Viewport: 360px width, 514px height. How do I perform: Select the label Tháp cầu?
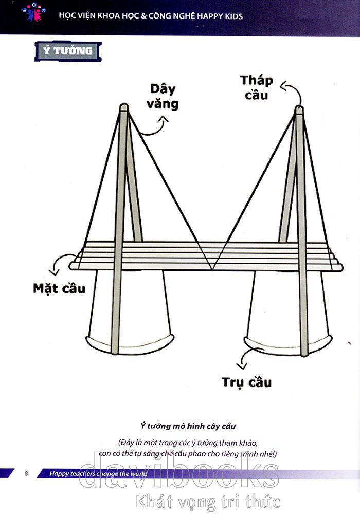[257, 87]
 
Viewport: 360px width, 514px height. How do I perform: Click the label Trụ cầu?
[247, 382]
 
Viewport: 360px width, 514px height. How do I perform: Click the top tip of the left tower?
[124, 106]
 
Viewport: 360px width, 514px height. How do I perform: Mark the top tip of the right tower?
[299, 108]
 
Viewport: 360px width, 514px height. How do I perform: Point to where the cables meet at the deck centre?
[211, 269]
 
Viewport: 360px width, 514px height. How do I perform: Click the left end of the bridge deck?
[73, 265]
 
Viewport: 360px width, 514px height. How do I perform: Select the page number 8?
[26, 473]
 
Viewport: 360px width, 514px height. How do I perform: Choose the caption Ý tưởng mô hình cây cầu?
[188, 426]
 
